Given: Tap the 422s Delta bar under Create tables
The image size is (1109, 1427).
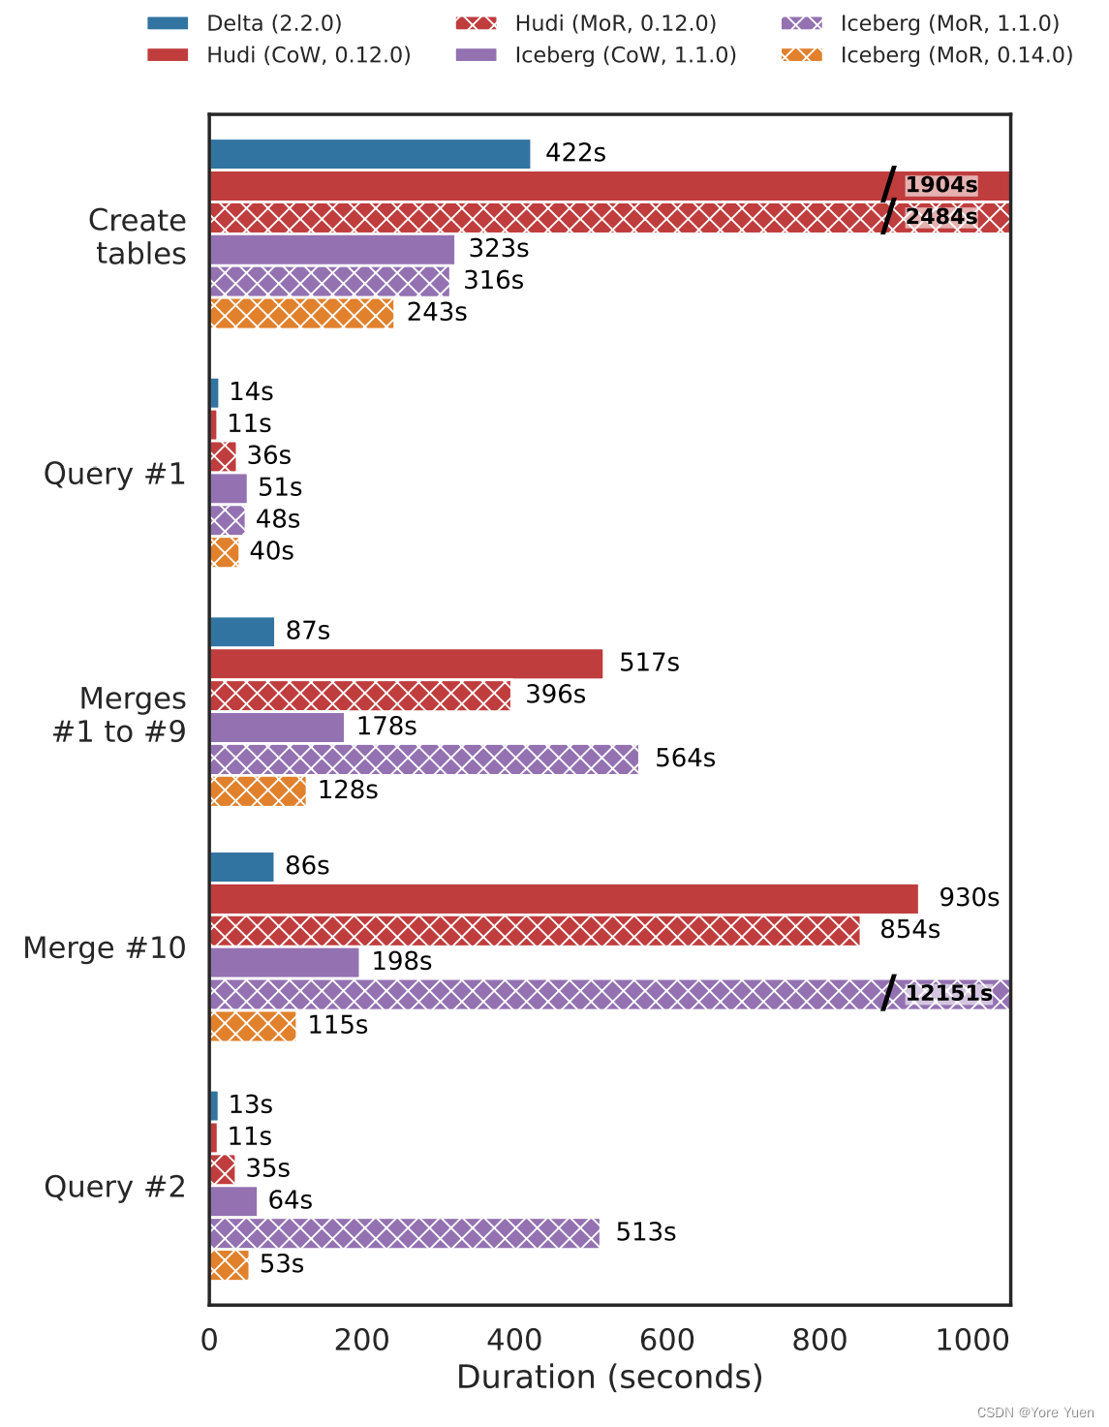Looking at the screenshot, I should pyautogui.click(x=369, y=154).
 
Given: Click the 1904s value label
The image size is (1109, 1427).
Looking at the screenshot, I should pyautogui.click(x=940, y=185).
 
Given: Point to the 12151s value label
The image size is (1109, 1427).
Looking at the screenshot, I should pyautogui.click(x=948, y=993).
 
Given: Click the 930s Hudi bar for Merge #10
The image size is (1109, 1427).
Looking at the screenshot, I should pyautogui.click(x=563, y=898).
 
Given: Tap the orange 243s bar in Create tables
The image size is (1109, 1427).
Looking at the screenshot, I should pyautogui.click(x=301, y=313).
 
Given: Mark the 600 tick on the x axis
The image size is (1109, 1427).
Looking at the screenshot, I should pyautogui.click(x=667, y=1340).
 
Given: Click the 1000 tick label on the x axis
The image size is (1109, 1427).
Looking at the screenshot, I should pyautogui.click(x=973, y=1340).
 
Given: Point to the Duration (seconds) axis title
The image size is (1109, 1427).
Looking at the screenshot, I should pyautogui.click(x=609, y=1378).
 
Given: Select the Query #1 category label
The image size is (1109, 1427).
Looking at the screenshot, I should pyautogui.click(x=114, y=474).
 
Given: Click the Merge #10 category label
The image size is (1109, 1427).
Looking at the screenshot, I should pyautogui.click(x=104, y=947).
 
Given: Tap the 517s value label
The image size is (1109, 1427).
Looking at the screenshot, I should pyautogui.click(x=649, y=663).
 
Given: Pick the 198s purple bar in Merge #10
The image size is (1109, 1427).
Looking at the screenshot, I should pyautogui.click(x=284, y=962).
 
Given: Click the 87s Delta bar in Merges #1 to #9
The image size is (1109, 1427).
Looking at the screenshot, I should pyautogui.click(x=242, y=632).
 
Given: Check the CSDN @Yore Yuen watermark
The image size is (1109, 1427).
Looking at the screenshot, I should pyautogui.click(x=1035, y=1412).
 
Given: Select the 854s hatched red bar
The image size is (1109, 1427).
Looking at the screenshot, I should pyautogui.click(x=534, y=930).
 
